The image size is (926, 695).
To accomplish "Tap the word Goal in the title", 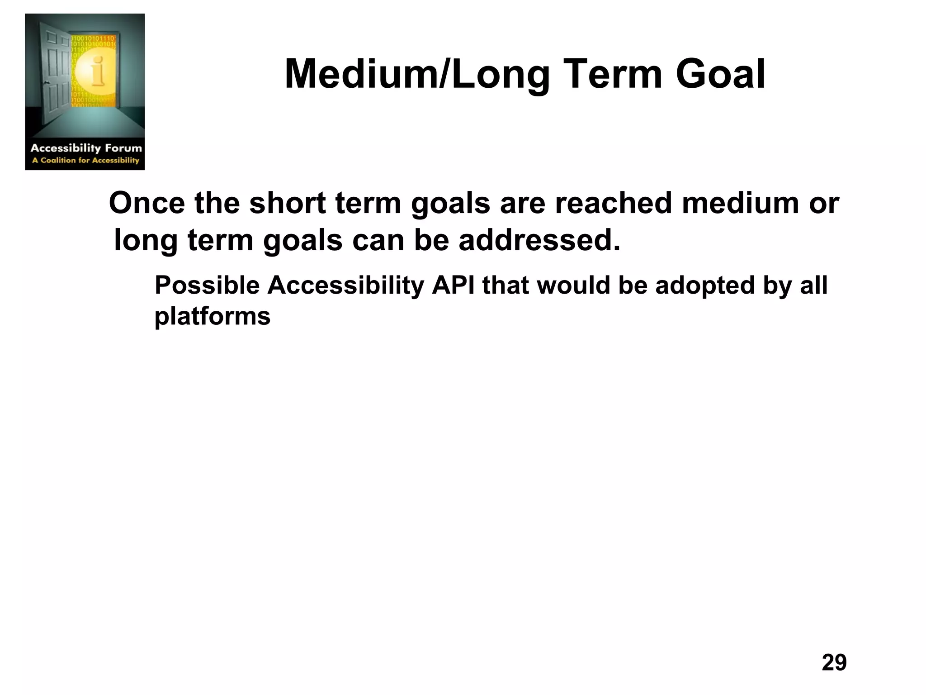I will point(720,75).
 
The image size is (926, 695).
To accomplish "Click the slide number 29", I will point(834,662).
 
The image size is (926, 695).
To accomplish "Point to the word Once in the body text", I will point(146,203).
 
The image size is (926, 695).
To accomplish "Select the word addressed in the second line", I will point(539,240).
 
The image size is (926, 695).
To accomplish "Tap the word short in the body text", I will point(287,203).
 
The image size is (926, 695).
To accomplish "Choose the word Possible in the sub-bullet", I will point(207,286).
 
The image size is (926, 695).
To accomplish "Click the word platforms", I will point(213,316).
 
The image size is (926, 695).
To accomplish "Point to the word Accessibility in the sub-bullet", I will point(345,286).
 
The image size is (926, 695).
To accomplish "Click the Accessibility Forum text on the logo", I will point(86,148).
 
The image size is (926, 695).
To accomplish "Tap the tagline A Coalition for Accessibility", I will point(85,160).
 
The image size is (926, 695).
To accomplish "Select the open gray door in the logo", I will point(54,72).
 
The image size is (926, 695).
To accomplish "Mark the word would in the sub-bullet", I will point(573,286).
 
